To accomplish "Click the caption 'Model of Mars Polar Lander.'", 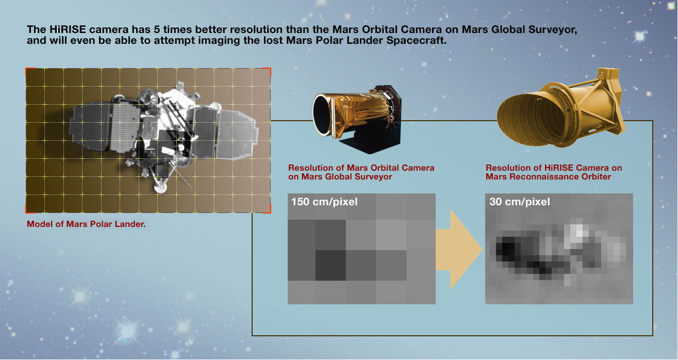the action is (86, 224).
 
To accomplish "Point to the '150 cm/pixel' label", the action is (324, 202).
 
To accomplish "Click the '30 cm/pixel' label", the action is (520, 202).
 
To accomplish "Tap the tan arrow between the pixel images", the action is (458, 249).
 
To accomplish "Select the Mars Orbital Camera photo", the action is (357, 119).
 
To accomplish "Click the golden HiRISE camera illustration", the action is (560, 107).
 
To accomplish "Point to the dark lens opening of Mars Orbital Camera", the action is (322, 115).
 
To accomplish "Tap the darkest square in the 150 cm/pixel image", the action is (330, 265).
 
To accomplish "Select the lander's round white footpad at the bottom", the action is (160, 187).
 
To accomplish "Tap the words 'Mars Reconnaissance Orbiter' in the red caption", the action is (549, 176).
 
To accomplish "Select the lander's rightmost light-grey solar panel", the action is (238, 135).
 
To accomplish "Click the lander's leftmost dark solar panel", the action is (90, 126).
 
